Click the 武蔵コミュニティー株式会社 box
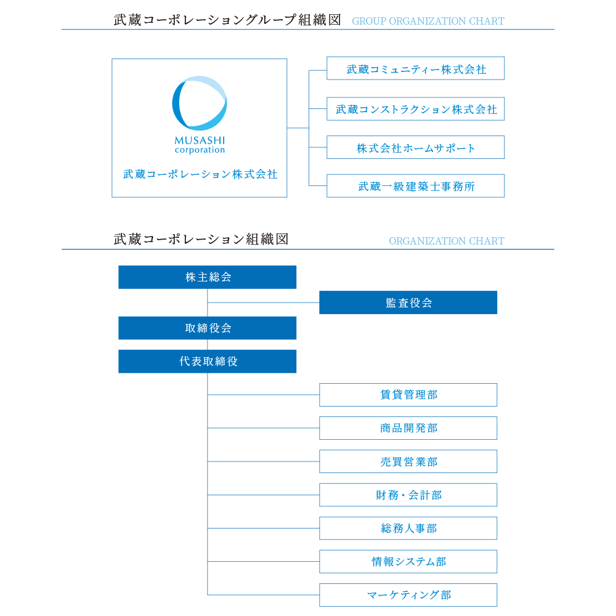415,68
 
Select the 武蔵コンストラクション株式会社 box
415,109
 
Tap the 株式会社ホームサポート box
415,147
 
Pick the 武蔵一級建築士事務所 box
415,186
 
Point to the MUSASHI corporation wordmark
200,145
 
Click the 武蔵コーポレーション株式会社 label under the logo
200,174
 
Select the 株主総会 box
208,277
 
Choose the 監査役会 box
408,302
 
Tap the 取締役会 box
208,328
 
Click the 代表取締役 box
208,362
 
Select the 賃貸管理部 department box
408,395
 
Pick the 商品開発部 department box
408,428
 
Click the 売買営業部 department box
408,461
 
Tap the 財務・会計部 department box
408,495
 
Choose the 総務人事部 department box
408,529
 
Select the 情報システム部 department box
408,562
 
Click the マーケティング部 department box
408,595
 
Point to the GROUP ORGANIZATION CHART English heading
428,21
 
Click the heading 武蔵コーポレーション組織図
201,239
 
